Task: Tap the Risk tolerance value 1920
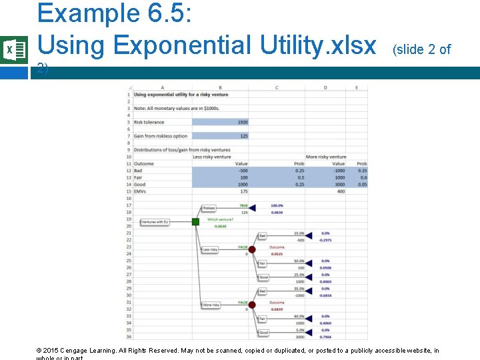[x=241, y=122]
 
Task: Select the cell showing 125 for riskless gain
[x=243, y=136]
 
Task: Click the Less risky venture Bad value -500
[x=243, y=171]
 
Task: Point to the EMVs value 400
[x=341, y=191]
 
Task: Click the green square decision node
[x=195, y=221]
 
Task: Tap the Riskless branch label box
[x=209, y=208]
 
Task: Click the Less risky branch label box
[x=210, y=249]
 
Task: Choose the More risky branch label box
[x=211, y=305]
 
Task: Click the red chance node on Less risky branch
[x=252, y=249]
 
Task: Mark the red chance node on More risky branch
[x=252, y=305]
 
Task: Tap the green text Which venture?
[x=220, y=219]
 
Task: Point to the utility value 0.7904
[x=325, y=337]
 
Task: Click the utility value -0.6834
[x=325, y=295]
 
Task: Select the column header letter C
[x=277, y=87]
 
